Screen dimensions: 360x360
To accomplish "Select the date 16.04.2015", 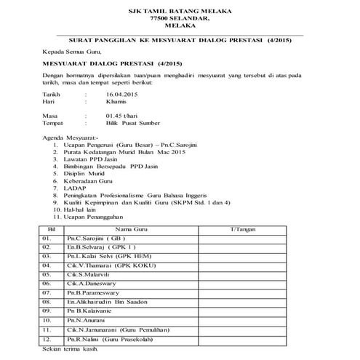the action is tap(122, 95).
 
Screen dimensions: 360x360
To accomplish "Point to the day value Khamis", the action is tap(118, 103).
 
